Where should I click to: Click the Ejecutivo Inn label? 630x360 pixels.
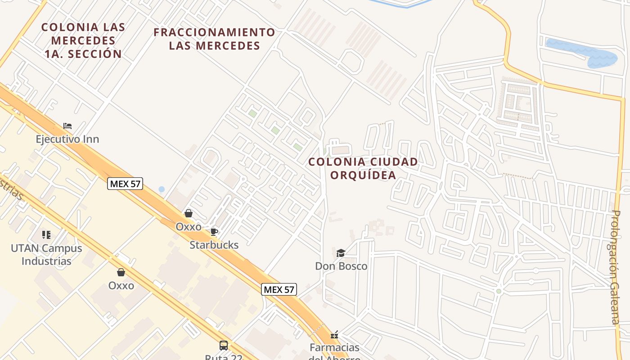tap(67, 139)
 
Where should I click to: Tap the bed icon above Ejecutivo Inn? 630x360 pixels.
tap(67, 126)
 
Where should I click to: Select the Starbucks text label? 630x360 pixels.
tap(214, 245)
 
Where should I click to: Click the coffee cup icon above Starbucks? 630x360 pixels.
tap(214, 232)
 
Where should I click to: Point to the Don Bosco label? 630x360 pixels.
tap(341, 266)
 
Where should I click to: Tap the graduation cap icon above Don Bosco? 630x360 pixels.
tap(341, 253)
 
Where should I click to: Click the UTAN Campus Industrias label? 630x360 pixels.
tap(46, 255)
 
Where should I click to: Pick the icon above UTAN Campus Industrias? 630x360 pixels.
tap(46, 235)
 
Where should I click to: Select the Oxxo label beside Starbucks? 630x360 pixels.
tap(189, 227)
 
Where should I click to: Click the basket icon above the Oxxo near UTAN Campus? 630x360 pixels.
tap(121, 272)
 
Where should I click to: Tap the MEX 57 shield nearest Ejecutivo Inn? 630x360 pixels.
tap(125, 184)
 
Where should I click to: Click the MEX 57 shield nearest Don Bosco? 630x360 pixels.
tap(279, 289)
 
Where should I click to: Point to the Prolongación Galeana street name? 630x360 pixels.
tap(615, 267)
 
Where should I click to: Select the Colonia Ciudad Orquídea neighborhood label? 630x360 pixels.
tap(363, 168)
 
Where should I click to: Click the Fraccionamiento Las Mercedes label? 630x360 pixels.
tap(214, 39)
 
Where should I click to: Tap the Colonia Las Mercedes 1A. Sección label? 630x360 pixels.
tap(83, 40)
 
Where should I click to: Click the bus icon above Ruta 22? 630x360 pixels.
tap(224, 346)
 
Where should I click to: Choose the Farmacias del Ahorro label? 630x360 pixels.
tap(334, 351)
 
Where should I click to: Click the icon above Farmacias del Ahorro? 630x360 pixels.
tap(334, 335)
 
